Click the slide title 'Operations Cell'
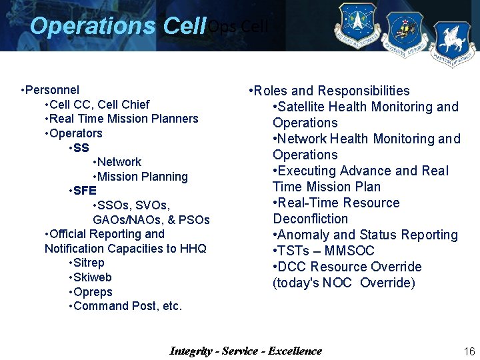[x=118, y=26]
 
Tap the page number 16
[x=469, y=351]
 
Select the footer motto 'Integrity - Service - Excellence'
[x=245, y=351]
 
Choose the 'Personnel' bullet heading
[x=52, y=90]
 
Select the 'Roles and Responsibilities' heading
[x=331, y=91]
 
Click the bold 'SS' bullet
[x=81, y=147]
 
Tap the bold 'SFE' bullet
[x=85, y=191]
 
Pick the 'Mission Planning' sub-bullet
[x=142, y=177]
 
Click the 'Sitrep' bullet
[x=89, y=263]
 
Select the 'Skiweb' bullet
[x=92, y=277]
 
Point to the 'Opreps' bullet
[x=93, y=292]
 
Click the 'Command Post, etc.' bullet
[x=127, y=306]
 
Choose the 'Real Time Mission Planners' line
[x=123, y=119]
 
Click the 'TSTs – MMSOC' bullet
[x=325, y=251]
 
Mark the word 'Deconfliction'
[x=310, y=219]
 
